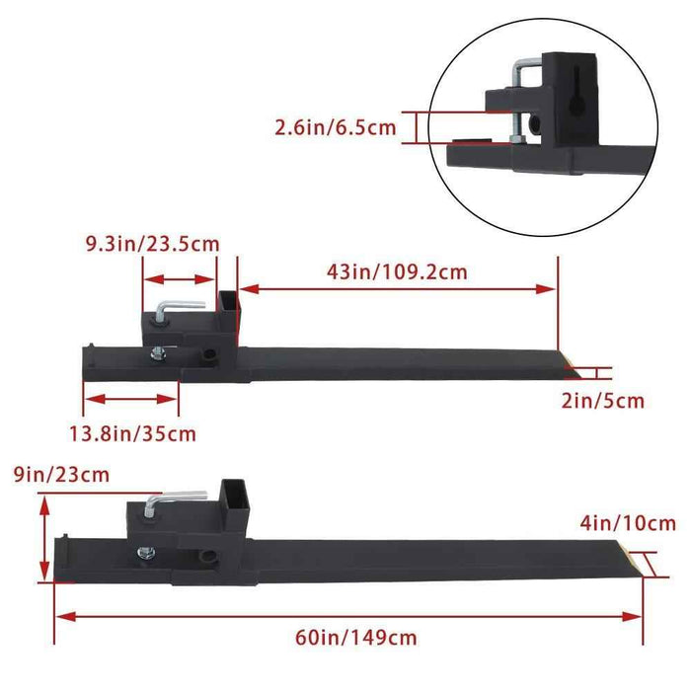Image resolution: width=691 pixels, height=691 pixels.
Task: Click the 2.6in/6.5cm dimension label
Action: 336,127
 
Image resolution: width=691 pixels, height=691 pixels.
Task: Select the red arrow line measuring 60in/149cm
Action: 348,615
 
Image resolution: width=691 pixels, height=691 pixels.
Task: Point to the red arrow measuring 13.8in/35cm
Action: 131,399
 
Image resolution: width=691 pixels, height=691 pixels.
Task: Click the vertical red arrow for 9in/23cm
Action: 44,539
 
